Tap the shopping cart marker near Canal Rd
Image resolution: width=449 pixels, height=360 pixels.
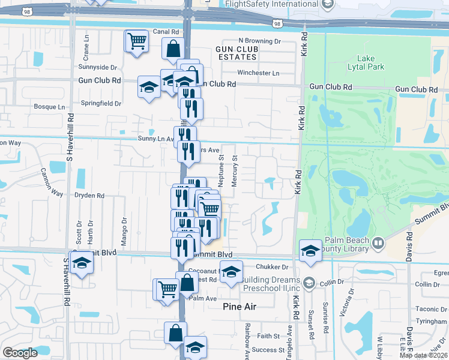[136, 42]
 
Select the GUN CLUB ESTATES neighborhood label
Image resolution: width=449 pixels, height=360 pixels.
[236, 53]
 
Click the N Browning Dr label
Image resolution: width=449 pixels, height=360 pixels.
[259, 41]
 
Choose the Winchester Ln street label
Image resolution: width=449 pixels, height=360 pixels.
[258, 73]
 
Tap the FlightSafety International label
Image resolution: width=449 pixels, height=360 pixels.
[271, 4]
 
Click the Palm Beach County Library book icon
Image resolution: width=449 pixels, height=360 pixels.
[378, 243]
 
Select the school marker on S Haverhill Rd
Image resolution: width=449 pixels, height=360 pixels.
[80, 263]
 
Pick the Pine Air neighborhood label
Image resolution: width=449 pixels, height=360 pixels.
[240, 307]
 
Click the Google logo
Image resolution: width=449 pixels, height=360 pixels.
[20, 353]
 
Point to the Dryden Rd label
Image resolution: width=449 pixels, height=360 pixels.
[89, 196]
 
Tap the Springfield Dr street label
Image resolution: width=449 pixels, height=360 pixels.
[101, 103]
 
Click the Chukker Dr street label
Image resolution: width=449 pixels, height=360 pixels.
[272, 267]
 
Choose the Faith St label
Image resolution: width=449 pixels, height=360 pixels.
[268, 336]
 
